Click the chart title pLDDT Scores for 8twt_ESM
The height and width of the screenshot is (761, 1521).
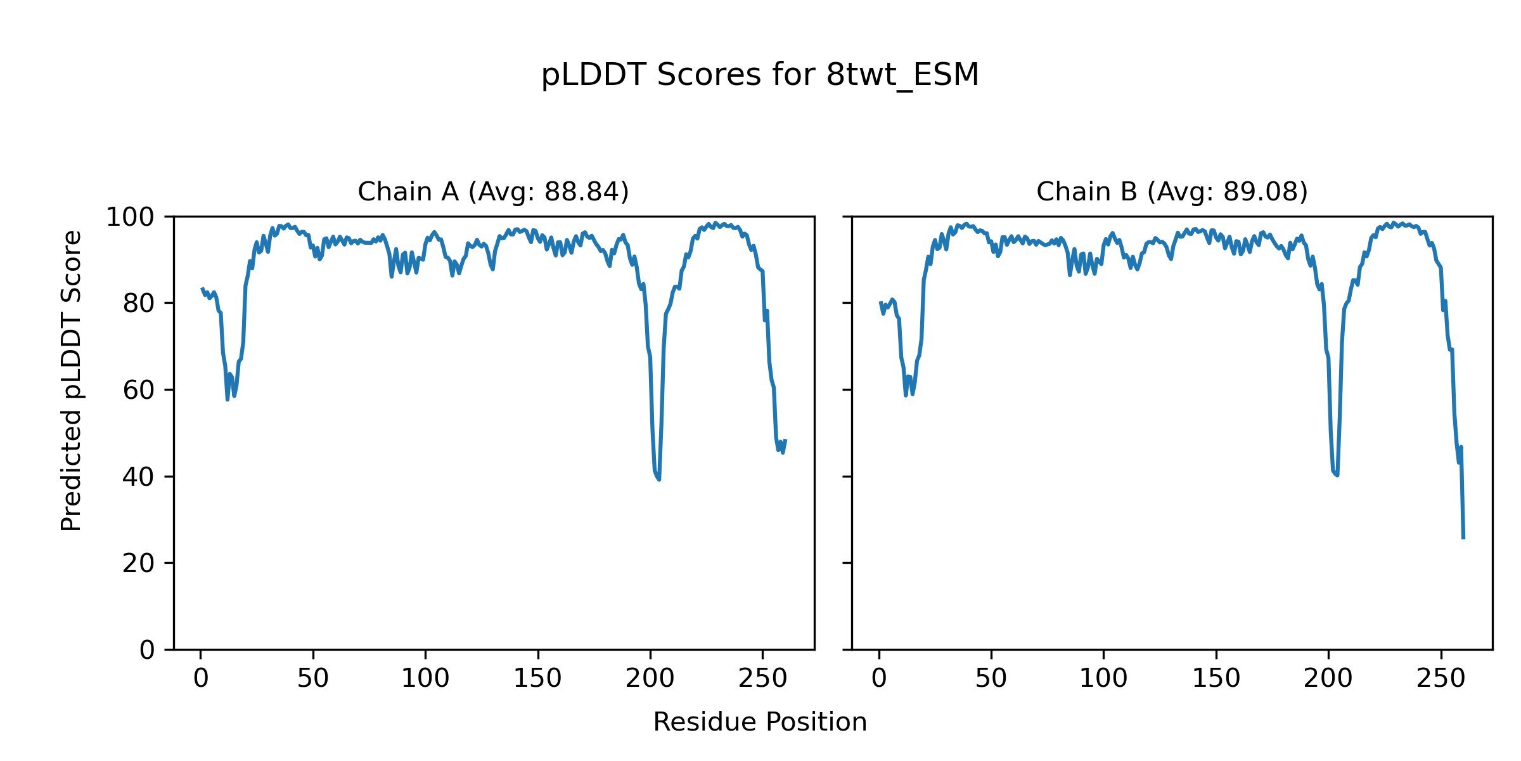(760, 75)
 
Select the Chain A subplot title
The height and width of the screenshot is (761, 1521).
(493, 192)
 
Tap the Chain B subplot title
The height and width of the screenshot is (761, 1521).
(1172, 192)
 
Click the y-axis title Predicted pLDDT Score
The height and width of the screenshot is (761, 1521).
(71, 380)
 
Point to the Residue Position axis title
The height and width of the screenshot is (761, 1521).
(760, 722)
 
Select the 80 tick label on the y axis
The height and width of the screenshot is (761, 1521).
(139, 304)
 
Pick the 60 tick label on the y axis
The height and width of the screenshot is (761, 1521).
(139, 391)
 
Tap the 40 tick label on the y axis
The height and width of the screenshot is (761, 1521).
(139, 477)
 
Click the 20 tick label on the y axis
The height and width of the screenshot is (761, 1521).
(139, 563)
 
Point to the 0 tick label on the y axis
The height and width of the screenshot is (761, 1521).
(147, 650)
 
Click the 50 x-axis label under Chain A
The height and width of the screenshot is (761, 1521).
(313, 679)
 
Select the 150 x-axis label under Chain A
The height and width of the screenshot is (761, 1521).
(537, 679)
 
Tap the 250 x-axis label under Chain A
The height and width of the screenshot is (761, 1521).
(762, 679)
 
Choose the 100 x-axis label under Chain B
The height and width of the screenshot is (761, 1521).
(1103, 679)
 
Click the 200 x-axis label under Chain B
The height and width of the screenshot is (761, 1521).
(1328, 679)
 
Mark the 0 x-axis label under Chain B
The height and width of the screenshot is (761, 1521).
(879, 679)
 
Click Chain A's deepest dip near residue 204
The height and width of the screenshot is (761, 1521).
(659, 479)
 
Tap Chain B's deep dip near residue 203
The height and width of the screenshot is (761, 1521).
(1337, 475)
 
